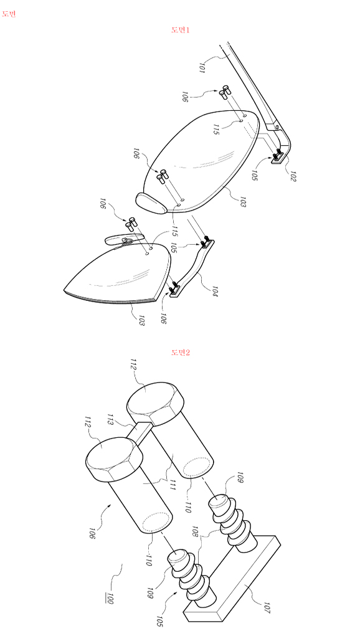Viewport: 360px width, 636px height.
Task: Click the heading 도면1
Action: (x=181, y=30)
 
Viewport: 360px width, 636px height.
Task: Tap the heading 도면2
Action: (x=181, y=352)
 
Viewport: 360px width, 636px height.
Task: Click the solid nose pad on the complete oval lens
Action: (x=151, y=203)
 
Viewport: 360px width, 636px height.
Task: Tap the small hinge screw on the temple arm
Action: (x=277, y=127)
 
